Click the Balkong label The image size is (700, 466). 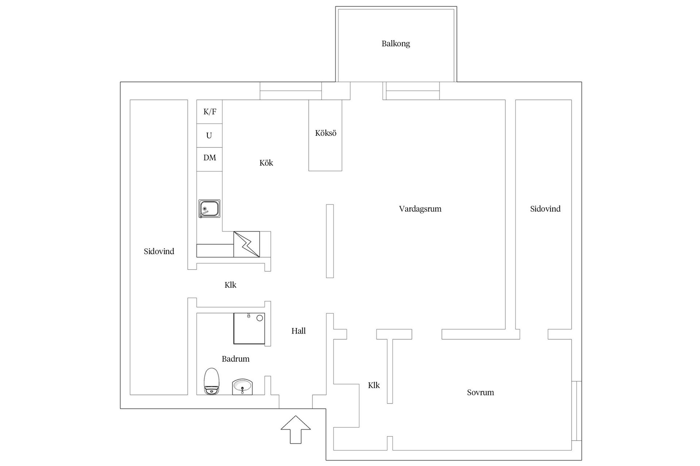point(396,44)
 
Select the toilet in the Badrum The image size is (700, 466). point(211,381)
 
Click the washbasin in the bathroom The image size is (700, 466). point(242,387)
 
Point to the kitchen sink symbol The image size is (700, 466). point(209,209)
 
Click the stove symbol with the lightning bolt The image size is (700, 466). point(247,244)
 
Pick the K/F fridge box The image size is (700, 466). point(210,112)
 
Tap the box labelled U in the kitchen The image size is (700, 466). point(210,135)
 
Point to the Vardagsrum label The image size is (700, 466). point(420,209)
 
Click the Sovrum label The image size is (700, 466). point(481,392)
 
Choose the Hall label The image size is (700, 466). point(298,331)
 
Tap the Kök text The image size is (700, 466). point(266,163)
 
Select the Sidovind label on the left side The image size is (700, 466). point(159,251)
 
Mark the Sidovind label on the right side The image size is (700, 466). point(545,209)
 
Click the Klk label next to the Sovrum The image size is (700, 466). point(374,385)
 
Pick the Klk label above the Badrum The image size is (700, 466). point(230,285)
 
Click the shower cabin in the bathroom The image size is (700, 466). point(249,328)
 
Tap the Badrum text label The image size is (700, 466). point(236,359)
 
